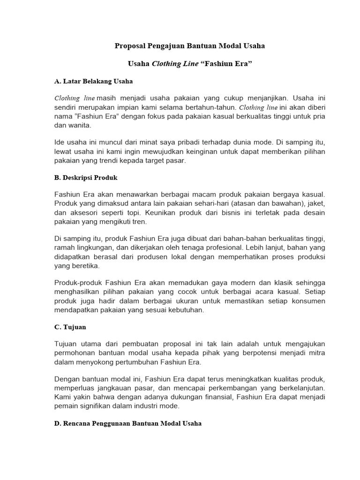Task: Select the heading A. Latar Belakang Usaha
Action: [93, 81]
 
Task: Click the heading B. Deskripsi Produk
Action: [86, 178]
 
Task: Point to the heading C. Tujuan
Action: [70, 326]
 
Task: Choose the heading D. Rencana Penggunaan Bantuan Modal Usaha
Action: [128, 423]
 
